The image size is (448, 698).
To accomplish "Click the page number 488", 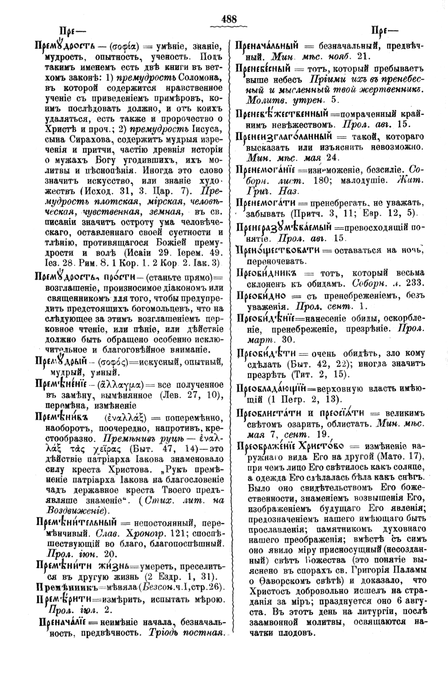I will coord(229,19).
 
